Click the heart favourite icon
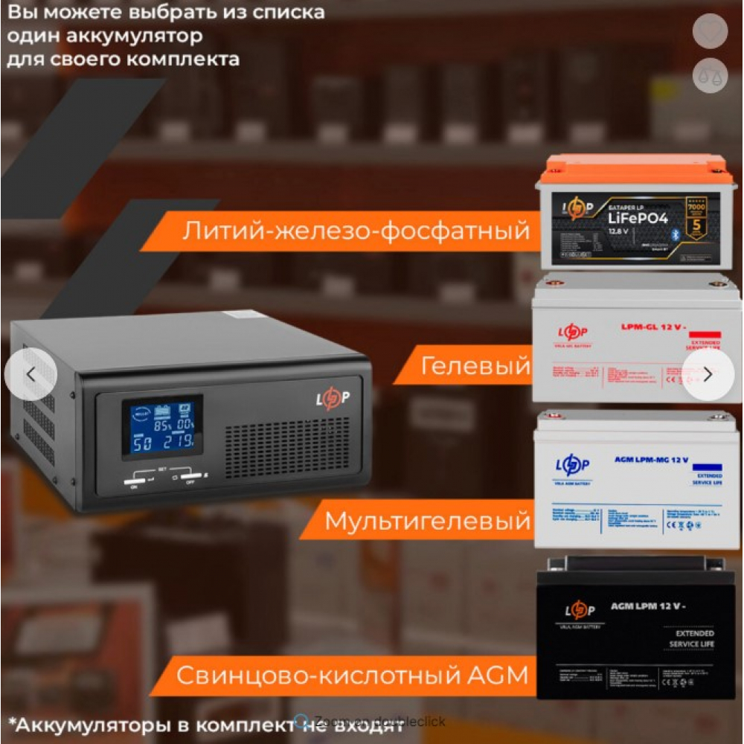pos(710,31)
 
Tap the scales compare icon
pos(710,75)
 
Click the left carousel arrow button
pos(31,374)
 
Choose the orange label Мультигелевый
pos(428,520)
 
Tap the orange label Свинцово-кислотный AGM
pos(351,675)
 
